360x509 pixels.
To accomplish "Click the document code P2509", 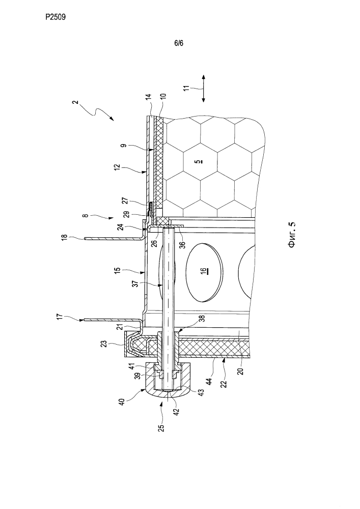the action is (56, 17).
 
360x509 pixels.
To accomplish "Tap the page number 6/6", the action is (179, 43).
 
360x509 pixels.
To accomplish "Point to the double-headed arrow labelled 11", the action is (204, 89).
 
